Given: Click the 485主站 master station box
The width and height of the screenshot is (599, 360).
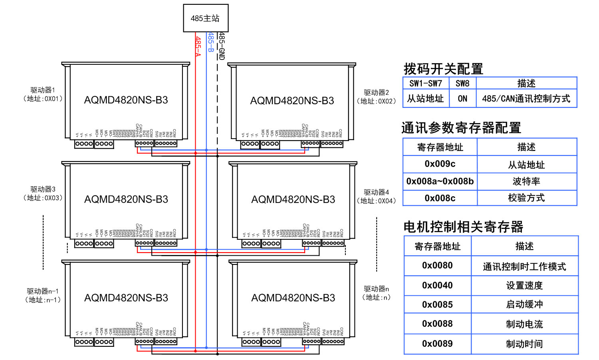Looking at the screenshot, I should [205, 18].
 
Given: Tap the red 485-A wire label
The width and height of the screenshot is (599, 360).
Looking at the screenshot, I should [198, 46].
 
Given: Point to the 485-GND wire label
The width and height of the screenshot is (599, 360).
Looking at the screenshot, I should [222, 46].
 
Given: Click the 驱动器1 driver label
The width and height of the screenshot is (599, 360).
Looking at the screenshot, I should [43, 90].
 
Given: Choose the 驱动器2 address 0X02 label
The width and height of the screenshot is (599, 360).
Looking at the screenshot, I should [376, 101].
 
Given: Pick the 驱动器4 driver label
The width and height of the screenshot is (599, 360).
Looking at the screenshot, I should [376, 192].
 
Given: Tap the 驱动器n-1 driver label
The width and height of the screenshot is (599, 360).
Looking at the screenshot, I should [43, 291].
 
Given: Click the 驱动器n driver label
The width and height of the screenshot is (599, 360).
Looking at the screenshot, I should [376, 289].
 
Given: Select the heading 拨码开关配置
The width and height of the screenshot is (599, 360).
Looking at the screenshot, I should [443, 69].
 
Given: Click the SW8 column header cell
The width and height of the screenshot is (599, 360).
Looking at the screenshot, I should [462, 84].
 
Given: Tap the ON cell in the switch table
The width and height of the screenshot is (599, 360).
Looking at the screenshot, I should [462, 99].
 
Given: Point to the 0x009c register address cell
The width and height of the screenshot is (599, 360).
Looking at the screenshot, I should [440, 164].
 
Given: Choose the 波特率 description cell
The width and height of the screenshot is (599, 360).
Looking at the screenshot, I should [526, 181].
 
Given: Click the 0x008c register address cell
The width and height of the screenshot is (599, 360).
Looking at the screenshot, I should [440, 198].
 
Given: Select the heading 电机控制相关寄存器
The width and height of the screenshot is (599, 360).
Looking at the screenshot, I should [463, 227].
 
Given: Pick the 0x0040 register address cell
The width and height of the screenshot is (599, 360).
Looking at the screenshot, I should [437, 285].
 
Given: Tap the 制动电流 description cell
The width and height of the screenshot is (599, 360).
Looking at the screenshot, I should [524, 324].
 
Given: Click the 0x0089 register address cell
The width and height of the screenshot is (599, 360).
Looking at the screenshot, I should [437, 344].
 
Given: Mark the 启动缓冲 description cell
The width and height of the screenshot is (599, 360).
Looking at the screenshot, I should [524, 304].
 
